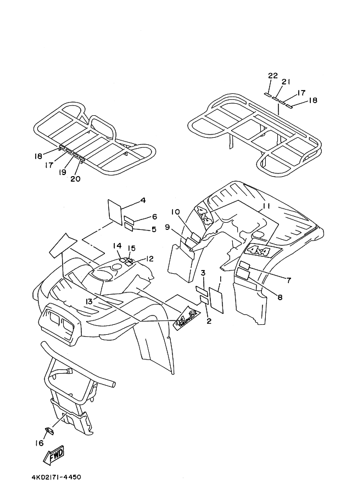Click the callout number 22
click(273, 75)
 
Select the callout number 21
click(286, 82)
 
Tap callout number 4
click(142, 200)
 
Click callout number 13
click(89, 301)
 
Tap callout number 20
click(75, 178)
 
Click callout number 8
click(280, 297)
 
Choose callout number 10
click(175, 212)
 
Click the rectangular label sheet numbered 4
click(115, 211)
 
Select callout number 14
click(118, 245)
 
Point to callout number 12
click(150, 258)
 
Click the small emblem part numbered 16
click(49, 431)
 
